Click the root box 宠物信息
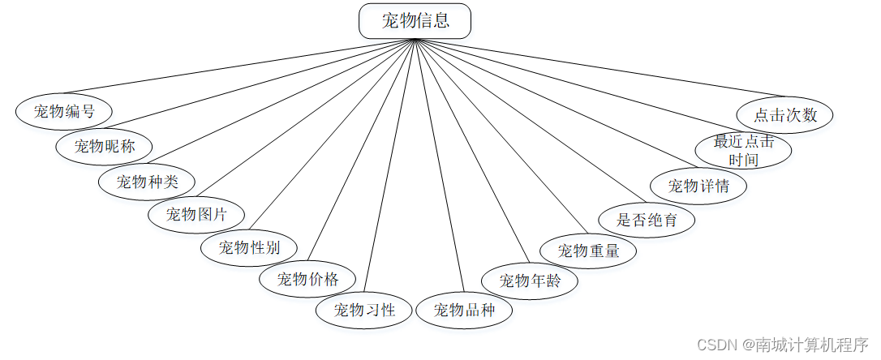(415, 21)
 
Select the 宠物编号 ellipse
(64, 112)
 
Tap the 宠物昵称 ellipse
(104, 147)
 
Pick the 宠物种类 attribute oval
(147, 182)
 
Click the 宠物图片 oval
(196, 215)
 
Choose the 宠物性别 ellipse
(248, 248)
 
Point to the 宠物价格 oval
(307, 280)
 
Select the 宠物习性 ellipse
(364, 310)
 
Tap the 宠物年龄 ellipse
(530, 281)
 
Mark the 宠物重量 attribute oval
(588, 251)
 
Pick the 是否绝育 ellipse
(647, 219)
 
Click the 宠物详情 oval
(698, 186)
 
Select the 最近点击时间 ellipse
(744, 150)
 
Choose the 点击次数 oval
(785, 114)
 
